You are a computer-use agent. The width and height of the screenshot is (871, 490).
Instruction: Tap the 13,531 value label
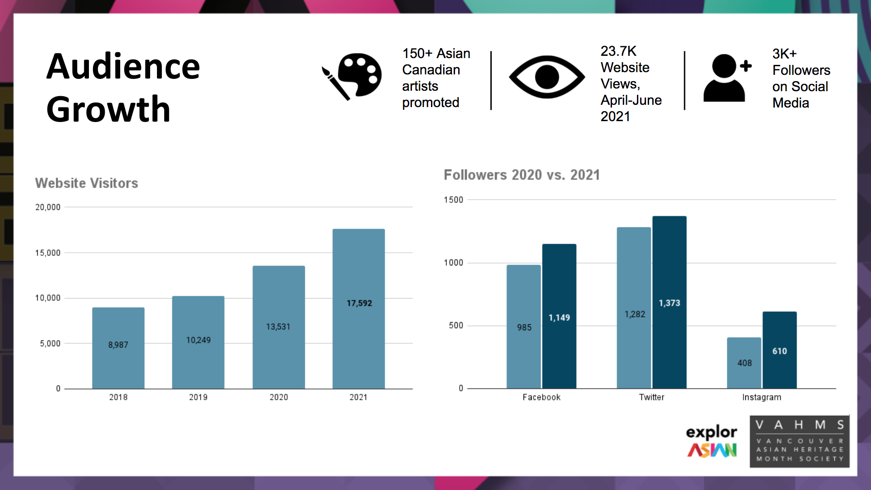click(278, 327)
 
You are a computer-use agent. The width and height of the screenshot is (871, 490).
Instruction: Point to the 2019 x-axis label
click(198, 397)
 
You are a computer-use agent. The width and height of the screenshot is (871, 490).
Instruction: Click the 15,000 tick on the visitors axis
click(48, 253)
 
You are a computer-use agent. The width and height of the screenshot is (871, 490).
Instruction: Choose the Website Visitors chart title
click(87, 183)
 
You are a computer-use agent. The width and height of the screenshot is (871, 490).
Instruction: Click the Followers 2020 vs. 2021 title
click(522, 175)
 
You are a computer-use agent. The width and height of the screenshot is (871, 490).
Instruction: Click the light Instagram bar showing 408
click(744, 363)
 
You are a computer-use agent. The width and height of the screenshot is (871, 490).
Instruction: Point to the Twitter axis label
click(651, 397)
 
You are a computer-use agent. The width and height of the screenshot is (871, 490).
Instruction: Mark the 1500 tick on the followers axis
click(453, 200)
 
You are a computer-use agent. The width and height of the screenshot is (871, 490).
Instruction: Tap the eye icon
click(547, 77)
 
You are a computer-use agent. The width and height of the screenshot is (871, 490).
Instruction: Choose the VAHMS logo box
click(799, 441)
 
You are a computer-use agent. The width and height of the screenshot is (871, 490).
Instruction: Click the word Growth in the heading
click(108, 109)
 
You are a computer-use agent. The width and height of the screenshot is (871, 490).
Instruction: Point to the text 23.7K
click(618, 51)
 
